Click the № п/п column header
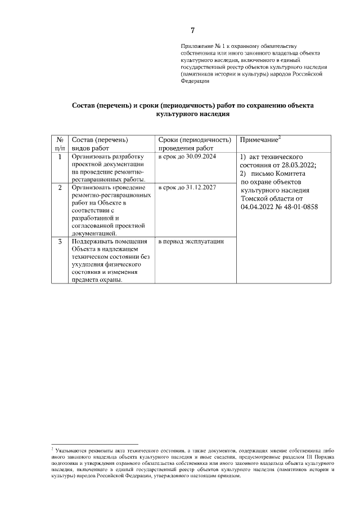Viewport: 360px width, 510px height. [x=59, y=144]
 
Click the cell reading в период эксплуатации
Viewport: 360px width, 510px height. [x=191, y=242]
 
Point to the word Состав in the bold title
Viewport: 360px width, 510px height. [x=86, y=105]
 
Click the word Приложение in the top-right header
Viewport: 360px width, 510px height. [x=195, y=45]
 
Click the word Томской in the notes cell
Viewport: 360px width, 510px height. [x=255, y=198]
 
